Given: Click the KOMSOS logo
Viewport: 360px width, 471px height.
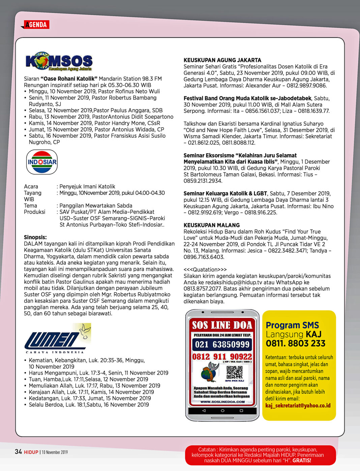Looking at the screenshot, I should [x=59, y=61].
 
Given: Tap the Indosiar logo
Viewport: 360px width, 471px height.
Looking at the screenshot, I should [x=42, y=162].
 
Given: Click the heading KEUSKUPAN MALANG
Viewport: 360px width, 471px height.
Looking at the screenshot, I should [x=212, y=225].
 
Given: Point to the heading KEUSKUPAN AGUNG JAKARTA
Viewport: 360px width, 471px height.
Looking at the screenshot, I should [x=222, y=60].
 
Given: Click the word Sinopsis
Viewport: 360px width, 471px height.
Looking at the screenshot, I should [x=35, y=237].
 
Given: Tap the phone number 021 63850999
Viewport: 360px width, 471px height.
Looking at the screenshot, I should [x=222, y=344].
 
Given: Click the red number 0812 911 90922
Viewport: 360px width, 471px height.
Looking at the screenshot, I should [x=222, y=357].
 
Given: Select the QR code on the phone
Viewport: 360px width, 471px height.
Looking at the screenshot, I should [x=234, y=372].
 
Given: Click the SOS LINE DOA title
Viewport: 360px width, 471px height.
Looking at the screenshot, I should [x=222, y=325].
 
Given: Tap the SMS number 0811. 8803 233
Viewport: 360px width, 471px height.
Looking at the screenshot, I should [x=296, y=343].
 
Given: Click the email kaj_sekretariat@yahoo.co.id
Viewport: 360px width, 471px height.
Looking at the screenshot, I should [x=298, y=405].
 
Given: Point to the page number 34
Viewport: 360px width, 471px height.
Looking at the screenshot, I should [x=18, y=451].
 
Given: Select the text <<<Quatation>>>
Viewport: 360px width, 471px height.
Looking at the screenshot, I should [x=205, y=270].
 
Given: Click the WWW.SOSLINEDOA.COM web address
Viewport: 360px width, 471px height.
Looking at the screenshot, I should [x=222, y=402].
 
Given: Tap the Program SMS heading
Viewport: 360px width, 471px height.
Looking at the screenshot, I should [x=292, y=325].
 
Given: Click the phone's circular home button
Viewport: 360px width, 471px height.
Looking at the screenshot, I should [x=222, y=411].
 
